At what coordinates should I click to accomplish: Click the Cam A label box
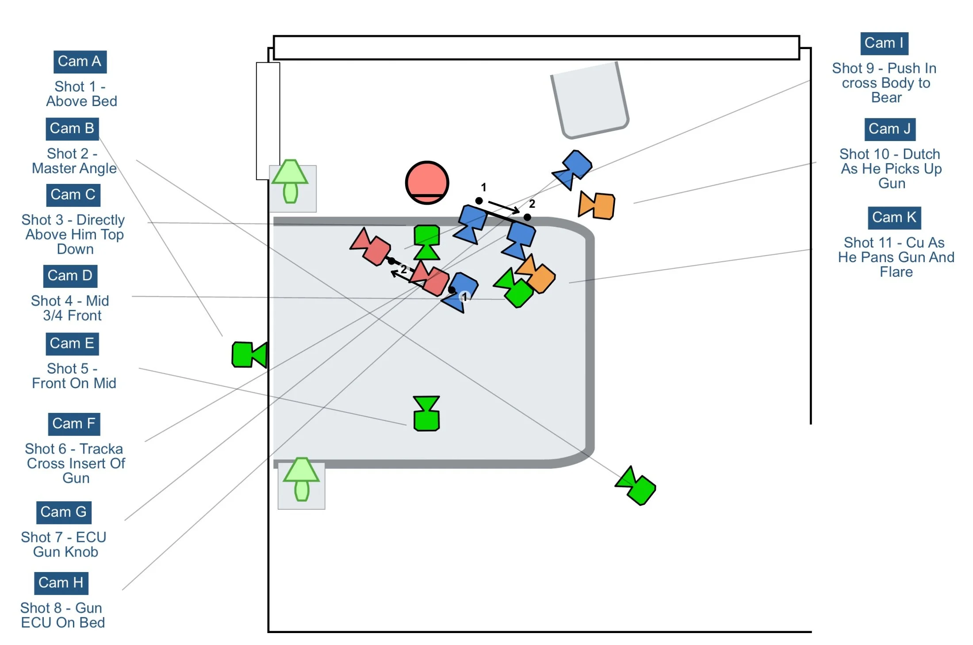coord(80,61)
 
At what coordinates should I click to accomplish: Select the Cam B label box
coord(72,129)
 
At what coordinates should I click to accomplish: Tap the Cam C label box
coord(73,195)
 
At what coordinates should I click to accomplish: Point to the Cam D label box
coord(70,276)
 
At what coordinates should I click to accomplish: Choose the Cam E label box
coord(72,343)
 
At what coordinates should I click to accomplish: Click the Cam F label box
coord(73,424)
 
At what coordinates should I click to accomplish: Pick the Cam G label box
coord(63,512)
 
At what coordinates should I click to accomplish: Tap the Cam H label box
coord(61,583)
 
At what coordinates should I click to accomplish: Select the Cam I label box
coord(884,43)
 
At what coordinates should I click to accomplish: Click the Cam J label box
coord(889,129)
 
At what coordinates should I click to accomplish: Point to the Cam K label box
coord(894,218)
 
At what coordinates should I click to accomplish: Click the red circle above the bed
coord(427,183)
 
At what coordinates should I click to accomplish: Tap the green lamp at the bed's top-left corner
coord(290,181)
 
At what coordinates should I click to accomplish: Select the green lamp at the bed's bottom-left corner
coord(301,479)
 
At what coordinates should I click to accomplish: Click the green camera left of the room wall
coord(249,355)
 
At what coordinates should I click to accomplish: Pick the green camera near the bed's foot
coord(426,413)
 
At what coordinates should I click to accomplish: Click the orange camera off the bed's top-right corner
coord(597,206)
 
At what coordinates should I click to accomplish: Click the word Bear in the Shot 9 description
coord(886,98)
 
